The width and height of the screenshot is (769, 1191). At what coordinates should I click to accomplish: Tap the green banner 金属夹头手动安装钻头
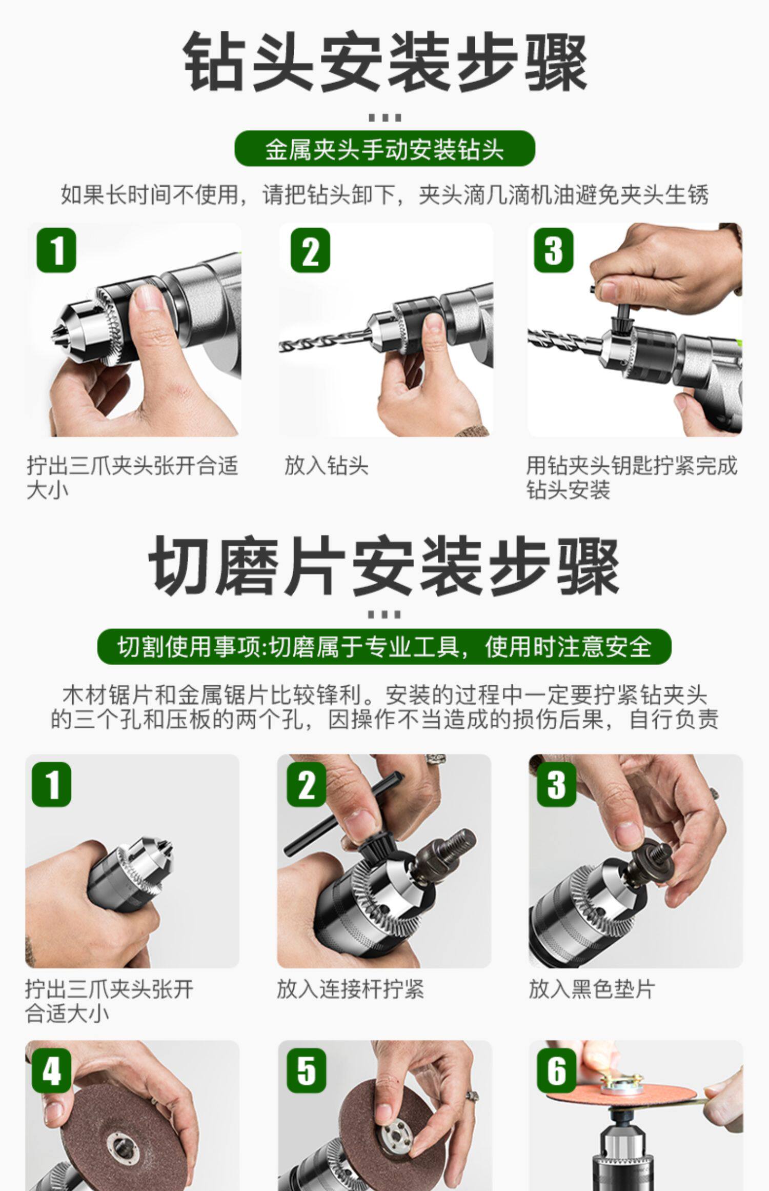(385, 148)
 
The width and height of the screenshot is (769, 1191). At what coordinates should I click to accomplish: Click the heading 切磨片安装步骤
(385, 566)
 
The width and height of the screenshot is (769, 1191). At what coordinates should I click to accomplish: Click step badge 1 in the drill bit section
(56, 251)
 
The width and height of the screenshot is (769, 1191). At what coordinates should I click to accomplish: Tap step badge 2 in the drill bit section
(310, 251)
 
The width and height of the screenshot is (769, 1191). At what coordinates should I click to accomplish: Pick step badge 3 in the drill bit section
(554, 251)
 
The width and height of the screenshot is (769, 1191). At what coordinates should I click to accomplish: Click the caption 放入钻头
(327, 466)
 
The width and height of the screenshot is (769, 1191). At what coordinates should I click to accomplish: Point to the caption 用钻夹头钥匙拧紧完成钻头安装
(632, 478)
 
